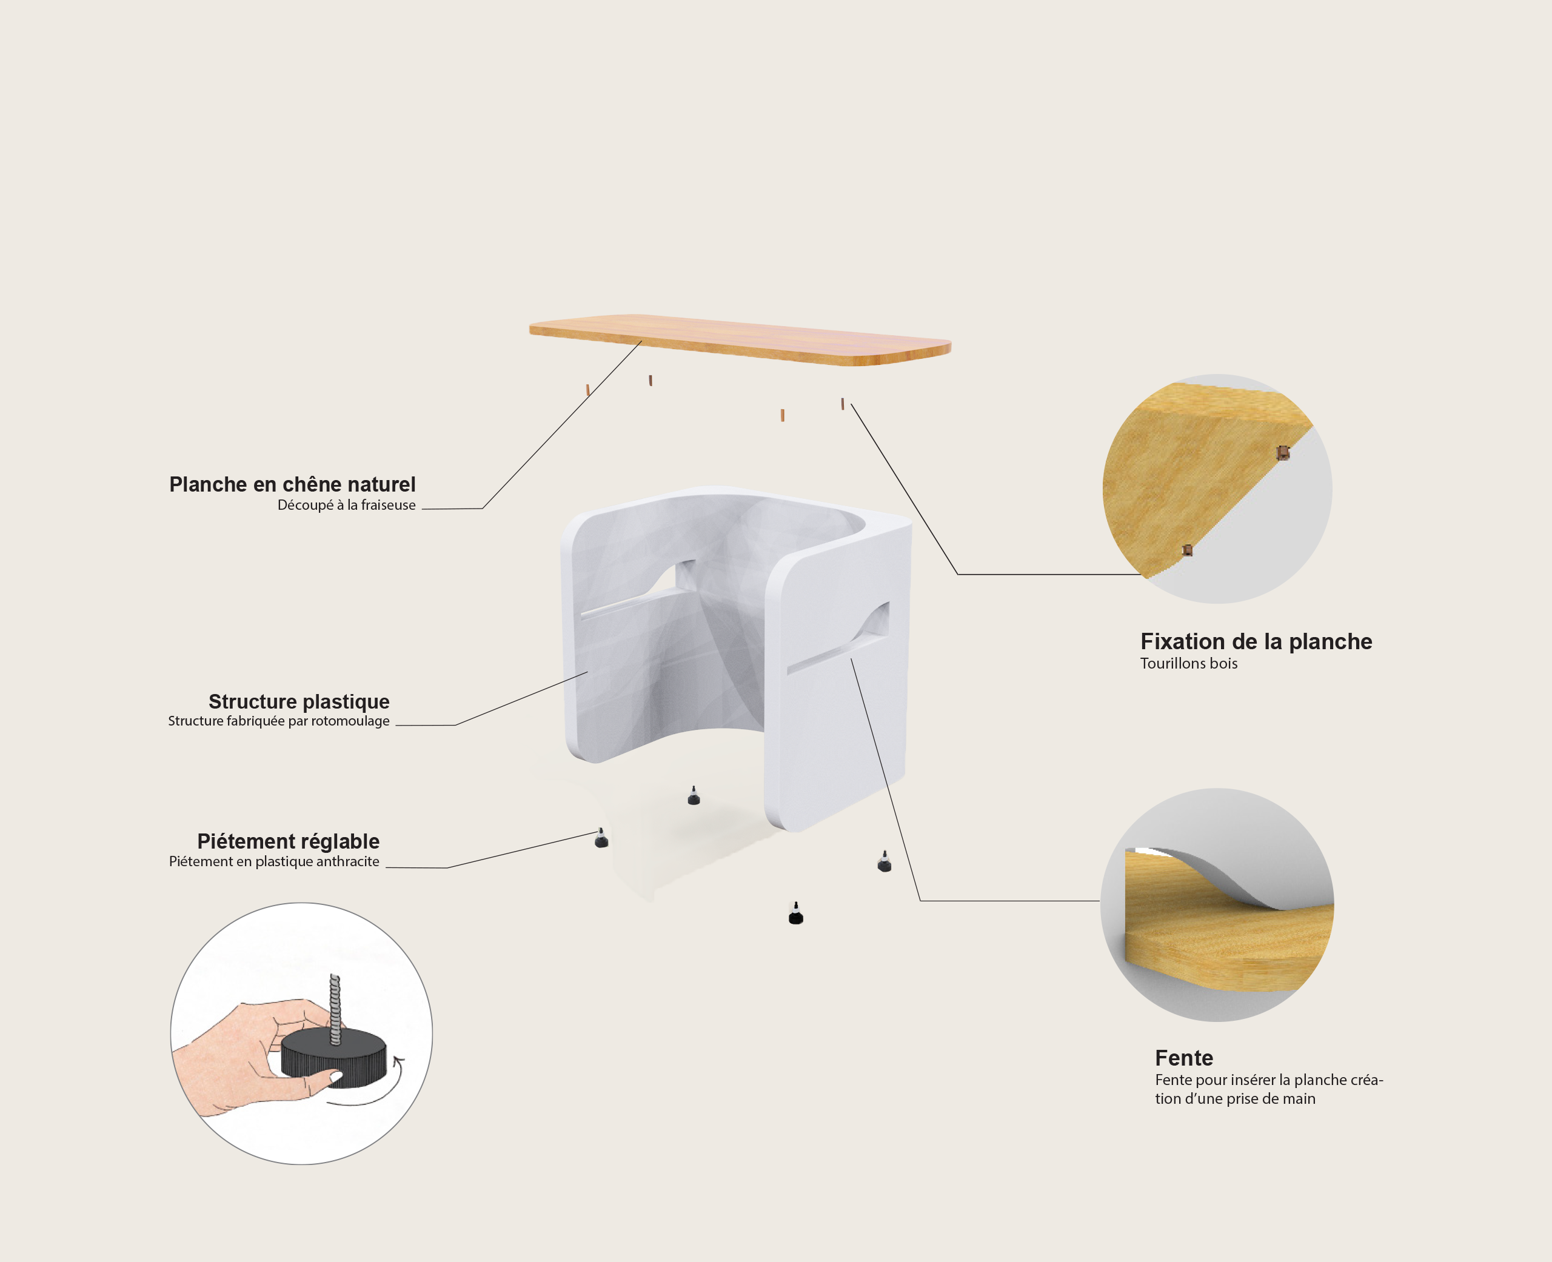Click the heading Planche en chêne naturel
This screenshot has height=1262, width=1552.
292,485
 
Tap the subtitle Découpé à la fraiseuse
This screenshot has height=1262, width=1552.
347,506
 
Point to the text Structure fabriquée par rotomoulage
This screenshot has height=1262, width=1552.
279,721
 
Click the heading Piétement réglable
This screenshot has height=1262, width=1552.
289,842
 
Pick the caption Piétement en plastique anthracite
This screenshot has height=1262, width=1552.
274,861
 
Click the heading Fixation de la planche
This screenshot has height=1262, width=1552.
1256,641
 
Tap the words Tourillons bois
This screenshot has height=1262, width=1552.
1188,663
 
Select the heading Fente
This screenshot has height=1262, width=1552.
1184,1058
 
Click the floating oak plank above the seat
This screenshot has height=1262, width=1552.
740,339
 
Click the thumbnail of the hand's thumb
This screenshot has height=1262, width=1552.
336,1076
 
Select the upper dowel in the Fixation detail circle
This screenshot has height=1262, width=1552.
1283,453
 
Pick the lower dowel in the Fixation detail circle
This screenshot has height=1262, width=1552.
1187,550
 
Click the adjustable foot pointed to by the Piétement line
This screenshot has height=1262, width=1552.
601,838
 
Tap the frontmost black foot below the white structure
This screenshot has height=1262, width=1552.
796,914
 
